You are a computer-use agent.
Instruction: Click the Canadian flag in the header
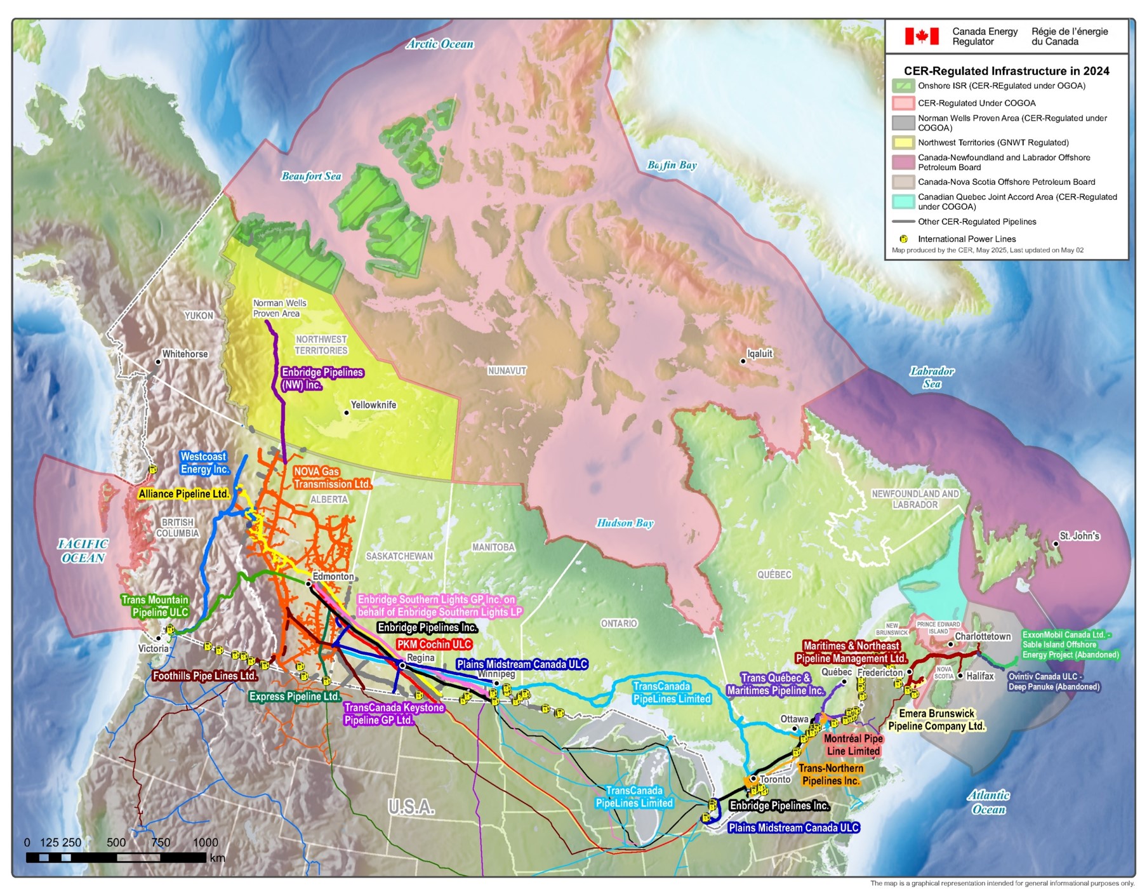click(x=921, y=36)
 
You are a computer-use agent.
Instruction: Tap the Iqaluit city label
click(x=760, y=354)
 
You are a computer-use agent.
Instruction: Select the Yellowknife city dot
click(x=347, y=413)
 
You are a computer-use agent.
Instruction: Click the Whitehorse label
click(x=185, y=354)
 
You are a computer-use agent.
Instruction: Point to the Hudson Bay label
click(x=625, y=523)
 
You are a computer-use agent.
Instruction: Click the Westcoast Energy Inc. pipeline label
click(x=204, y=463)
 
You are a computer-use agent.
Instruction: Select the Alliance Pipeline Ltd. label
click(x=183, y=494)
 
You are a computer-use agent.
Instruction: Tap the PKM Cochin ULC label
click(x=434, y=644)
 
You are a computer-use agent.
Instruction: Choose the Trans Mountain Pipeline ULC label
click(x=155, y=606)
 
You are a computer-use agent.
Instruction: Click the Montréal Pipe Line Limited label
click(x=853, y=745)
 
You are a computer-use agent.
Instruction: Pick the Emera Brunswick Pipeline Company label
click(x=936, y=719)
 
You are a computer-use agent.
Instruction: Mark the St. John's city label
click(x=1079, y=536)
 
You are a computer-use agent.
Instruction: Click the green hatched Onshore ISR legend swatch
click(x=903, y=86)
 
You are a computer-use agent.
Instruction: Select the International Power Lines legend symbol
click(x=903, y=239)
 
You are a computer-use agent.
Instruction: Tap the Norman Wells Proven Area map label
click(x=279, y=308)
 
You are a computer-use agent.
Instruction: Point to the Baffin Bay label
click(x=672, y=165)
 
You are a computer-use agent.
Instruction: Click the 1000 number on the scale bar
click(x=205, y=842)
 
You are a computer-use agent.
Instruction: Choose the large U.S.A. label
click(x=411, y=807)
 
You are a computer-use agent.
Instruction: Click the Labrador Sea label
click(x=931, y=377)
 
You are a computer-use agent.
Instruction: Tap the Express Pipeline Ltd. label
click(x=295, y=697)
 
